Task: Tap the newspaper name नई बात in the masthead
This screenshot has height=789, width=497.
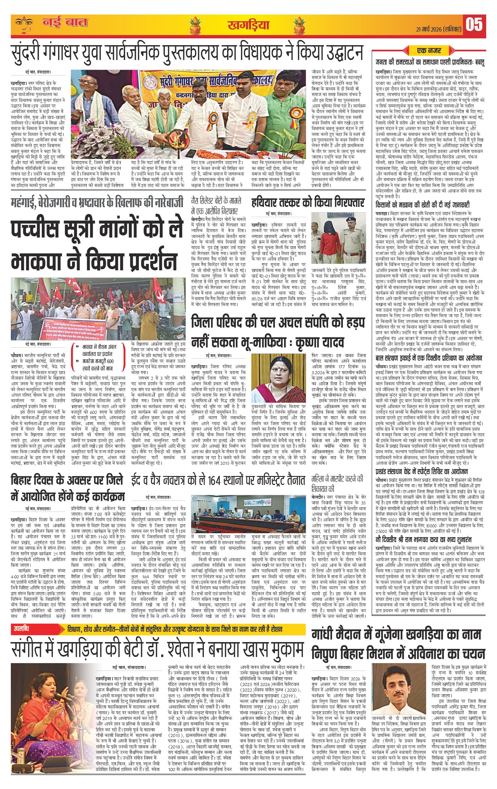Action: coord(65,23)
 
